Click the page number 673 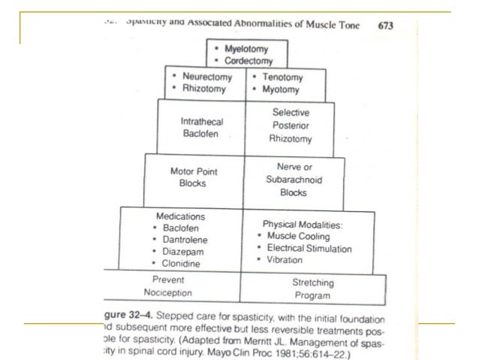pos(386,25)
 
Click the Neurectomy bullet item pos(206,77)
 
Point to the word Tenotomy pos(282,77)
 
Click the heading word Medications pos(176,216)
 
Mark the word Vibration pos(283,260)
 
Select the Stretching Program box pos(312,288)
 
